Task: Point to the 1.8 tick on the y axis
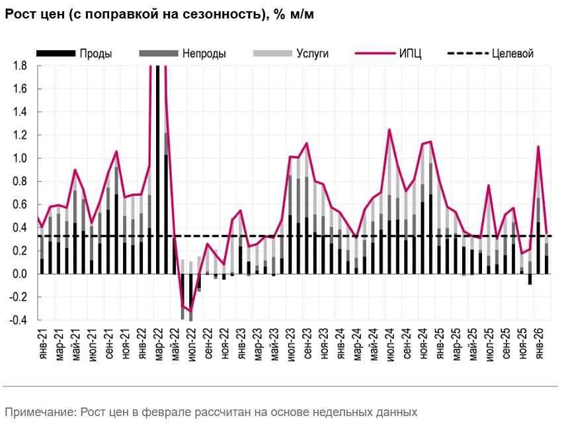19,65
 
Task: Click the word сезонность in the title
212,15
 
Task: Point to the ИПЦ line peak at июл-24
389,130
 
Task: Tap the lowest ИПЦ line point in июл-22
190,310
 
